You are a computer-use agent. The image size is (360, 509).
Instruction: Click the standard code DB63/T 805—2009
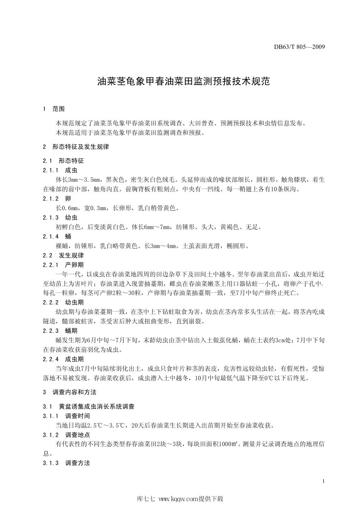[x=299, y=47]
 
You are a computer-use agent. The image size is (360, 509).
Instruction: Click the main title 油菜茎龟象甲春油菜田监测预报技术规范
[x=184, y=81]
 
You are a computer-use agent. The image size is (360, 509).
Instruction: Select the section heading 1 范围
[x=54, y=109]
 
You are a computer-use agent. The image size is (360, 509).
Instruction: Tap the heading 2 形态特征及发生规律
[x=76, y=147]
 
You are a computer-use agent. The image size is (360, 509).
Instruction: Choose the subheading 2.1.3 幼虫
[x=60, y=218]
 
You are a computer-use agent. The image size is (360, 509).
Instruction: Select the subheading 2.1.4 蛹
[x=57, y=237]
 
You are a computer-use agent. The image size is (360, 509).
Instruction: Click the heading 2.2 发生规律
[x=64, y=256]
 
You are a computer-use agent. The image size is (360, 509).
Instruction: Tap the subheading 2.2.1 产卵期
[x=63, y=265]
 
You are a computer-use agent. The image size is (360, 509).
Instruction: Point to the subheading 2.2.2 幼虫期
[x=63, y=303]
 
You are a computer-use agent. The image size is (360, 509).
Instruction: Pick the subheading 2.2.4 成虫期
[x=63, y=359]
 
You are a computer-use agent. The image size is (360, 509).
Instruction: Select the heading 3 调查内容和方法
[x=70, y=392]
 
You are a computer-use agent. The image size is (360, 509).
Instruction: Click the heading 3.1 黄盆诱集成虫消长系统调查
[x=89, y=407]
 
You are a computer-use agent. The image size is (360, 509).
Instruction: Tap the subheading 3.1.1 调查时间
[x=66, y=416]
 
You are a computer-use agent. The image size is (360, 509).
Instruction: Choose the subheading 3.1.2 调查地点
[x=66, y=435]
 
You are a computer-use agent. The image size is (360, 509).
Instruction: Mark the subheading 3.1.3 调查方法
[x=66, y=463]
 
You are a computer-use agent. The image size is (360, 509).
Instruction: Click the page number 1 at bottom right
[x=323, y=481]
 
